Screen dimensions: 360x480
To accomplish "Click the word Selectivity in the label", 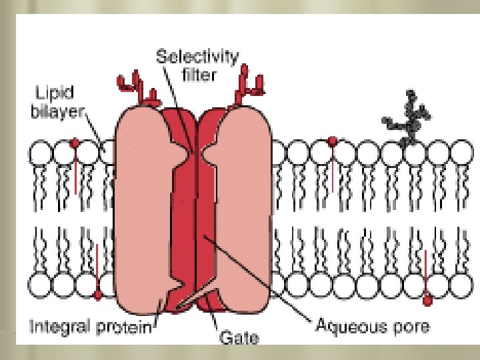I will (x=197, y=57).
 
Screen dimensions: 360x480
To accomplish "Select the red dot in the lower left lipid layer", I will (x=97, y=295).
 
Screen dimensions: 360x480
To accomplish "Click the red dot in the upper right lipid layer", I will (x=332, y=142).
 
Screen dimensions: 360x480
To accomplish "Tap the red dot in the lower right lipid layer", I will (x=427, y=301).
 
